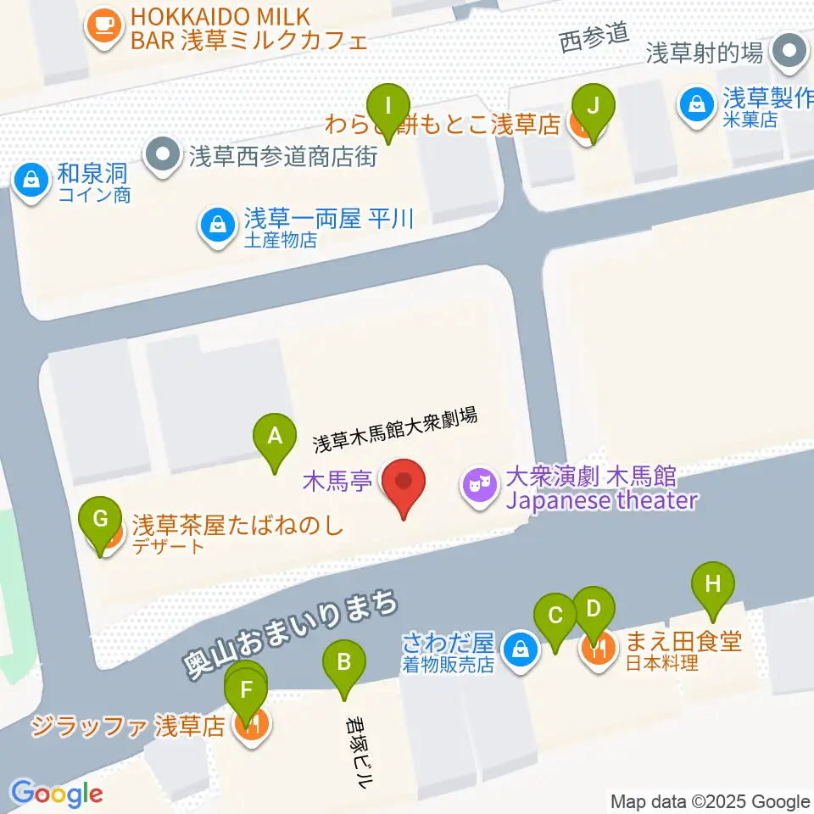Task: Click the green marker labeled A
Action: click(274, 437)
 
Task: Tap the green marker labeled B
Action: click(343, 662)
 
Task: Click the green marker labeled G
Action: click(100, 519)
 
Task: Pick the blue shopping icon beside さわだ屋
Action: click(519, 650)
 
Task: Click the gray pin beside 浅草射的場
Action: click(790, 53)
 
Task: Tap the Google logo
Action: click(57, 794)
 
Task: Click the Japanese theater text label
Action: click(601, 500)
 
